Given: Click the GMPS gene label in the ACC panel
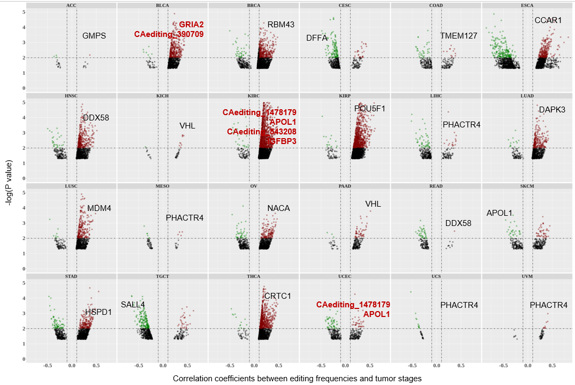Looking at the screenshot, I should tap(94, 36).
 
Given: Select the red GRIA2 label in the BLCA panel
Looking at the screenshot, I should tap(191, 25).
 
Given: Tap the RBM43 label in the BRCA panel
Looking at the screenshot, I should tap(281, 25).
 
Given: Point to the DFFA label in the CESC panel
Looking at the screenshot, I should tap(316, 38).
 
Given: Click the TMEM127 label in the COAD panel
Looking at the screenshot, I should tap(458, 36).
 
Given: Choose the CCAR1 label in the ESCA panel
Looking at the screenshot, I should tap(548, 21).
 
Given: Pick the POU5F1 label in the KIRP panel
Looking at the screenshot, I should tap(370, 109).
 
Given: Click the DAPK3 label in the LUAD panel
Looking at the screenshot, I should tap(552, 110).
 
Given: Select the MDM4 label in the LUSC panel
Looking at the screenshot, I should tap(99, 208).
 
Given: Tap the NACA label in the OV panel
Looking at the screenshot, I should tap(278, 208).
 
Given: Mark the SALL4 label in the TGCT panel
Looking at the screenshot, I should tap(133, 305).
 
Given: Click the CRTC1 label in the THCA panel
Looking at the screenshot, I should tap(277, 296).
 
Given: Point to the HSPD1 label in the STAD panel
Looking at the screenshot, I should tap(99, 312).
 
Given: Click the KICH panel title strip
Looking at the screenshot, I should tap(162, 96).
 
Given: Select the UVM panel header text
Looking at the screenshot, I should tap(527, 276).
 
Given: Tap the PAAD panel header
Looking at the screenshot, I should tap(345, 186).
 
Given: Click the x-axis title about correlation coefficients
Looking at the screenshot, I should tap(297, 379).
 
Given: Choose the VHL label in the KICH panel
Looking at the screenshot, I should tap(187, 126).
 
